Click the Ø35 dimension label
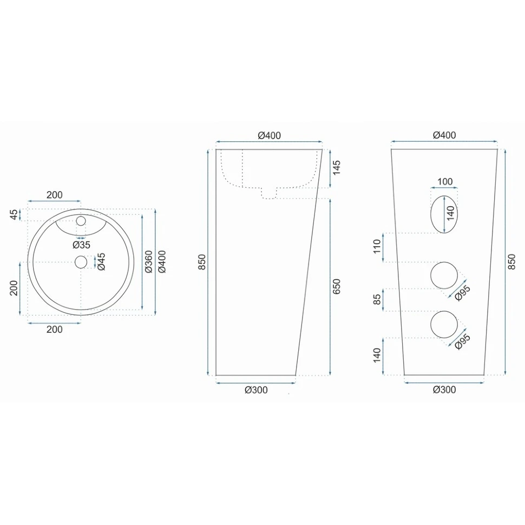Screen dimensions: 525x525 pyautogui.click(x=81, y=245)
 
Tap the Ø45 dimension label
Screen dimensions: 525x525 pyautogui.click(x=101, y=261)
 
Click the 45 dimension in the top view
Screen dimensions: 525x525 pyautogui.click(x=14, y=215)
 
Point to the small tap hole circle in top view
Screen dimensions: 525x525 pyautogui.click(x=81, y=221)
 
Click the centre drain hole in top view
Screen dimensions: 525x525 pyautogui.click(x=81, y=262)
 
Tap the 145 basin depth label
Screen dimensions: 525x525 pyautogui.click(x=336, y=167)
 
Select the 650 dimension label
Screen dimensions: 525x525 pyautogui.click(x=337, y=286)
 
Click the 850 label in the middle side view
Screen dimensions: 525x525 pyautogui.click(x=202, y=262)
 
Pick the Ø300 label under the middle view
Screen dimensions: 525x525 pyautogui.click(x=256, y=390)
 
